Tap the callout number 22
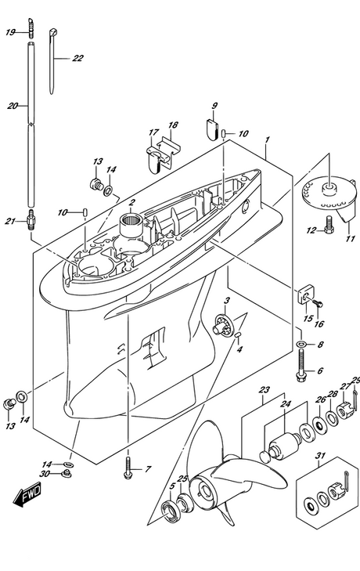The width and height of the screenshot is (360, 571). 78,58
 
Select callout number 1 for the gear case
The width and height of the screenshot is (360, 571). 267,139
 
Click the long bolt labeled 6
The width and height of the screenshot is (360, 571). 302,365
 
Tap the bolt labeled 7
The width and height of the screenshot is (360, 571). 128,468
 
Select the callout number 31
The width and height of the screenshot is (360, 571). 321,456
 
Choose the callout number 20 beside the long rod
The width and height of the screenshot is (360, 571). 13,106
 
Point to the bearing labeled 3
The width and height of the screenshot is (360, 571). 222,324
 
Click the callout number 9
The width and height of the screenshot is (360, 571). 214,106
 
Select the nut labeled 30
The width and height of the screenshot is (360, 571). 66,474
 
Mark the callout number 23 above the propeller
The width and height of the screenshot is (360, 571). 265,390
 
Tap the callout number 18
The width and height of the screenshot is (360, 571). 173,125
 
